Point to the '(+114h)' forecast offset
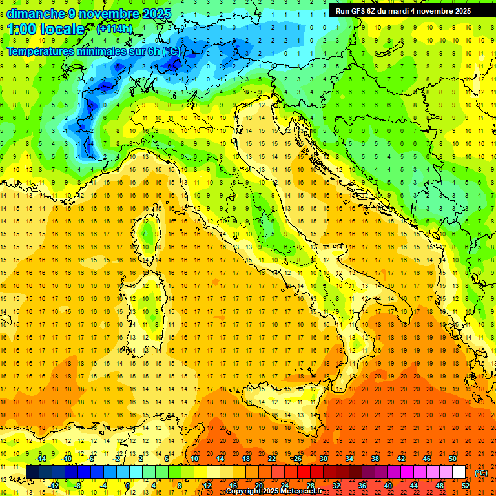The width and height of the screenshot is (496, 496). pos(114,29)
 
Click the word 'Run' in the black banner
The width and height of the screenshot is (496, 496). pos(343,11)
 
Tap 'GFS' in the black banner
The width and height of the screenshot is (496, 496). pos(361,11)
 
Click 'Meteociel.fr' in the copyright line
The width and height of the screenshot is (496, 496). pos(297,491)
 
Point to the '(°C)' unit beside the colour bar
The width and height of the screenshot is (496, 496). pos(481,473)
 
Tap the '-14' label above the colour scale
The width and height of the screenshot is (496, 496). pos(40,459)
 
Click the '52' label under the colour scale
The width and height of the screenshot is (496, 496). pos(466,485)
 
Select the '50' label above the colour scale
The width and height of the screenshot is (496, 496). pos(453,459)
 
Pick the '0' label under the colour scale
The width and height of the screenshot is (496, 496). pos(128,485)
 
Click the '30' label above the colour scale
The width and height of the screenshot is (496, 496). pos(323,459)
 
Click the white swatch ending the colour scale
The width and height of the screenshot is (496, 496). pos(459,472)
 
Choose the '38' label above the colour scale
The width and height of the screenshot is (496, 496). pos(375,459)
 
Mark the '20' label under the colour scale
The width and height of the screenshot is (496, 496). pos(258,485)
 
